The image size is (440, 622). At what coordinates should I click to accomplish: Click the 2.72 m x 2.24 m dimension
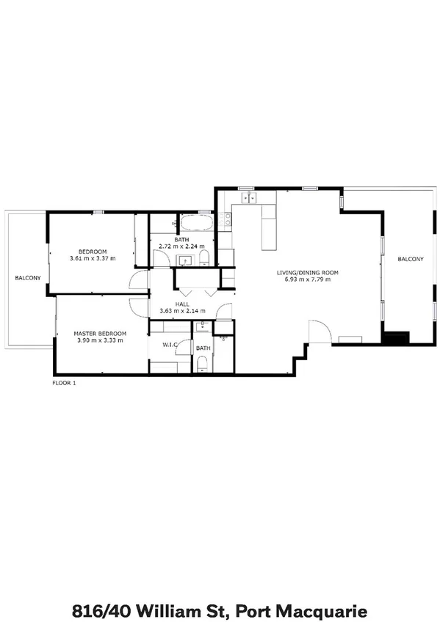click(x=181, y=247)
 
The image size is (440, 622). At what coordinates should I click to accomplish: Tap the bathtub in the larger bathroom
click(x=196, y=222)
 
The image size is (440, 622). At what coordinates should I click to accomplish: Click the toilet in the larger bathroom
click(x=204, y=257)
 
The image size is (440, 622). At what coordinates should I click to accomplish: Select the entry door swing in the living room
click(x=319, y=332)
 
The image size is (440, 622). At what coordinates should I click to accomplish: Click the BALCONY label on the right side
click(x=410, y=259)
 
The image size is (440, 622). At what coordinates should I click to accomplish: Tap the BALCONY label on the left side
click(x=27, y=278)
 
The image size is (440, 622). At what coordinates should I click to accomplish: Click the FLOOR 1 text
click(x=64, y=383)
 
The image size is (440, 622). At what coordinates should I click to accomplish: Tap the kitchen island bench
click(x=268, y=227)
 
